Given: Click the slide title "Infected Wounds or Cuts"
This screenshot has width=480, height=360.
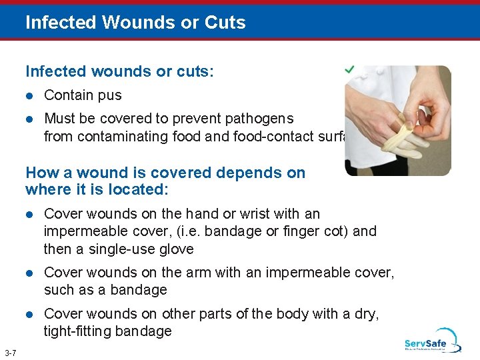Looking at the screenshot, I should click(x=135, y=22).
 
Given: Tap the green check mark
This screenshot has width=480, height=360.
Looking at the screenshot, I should click(x=349, y=69).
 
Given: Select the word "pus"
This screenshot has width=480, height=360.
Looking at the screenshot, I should click(x=110, y=95).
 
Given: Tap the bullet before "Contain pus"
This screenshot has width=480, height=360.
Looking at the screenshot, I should click(x=29, y=95).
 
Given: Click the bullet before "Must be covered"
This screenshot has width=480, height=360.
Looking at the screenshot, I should click(x=29, y=119).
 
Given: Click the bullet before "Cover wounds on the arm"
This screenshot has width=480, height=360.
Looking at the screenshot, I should click(x=29, y=273).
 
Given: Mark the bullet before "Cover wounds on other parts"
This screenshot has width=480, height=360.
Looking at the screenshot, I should click(x=29, y=313).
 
